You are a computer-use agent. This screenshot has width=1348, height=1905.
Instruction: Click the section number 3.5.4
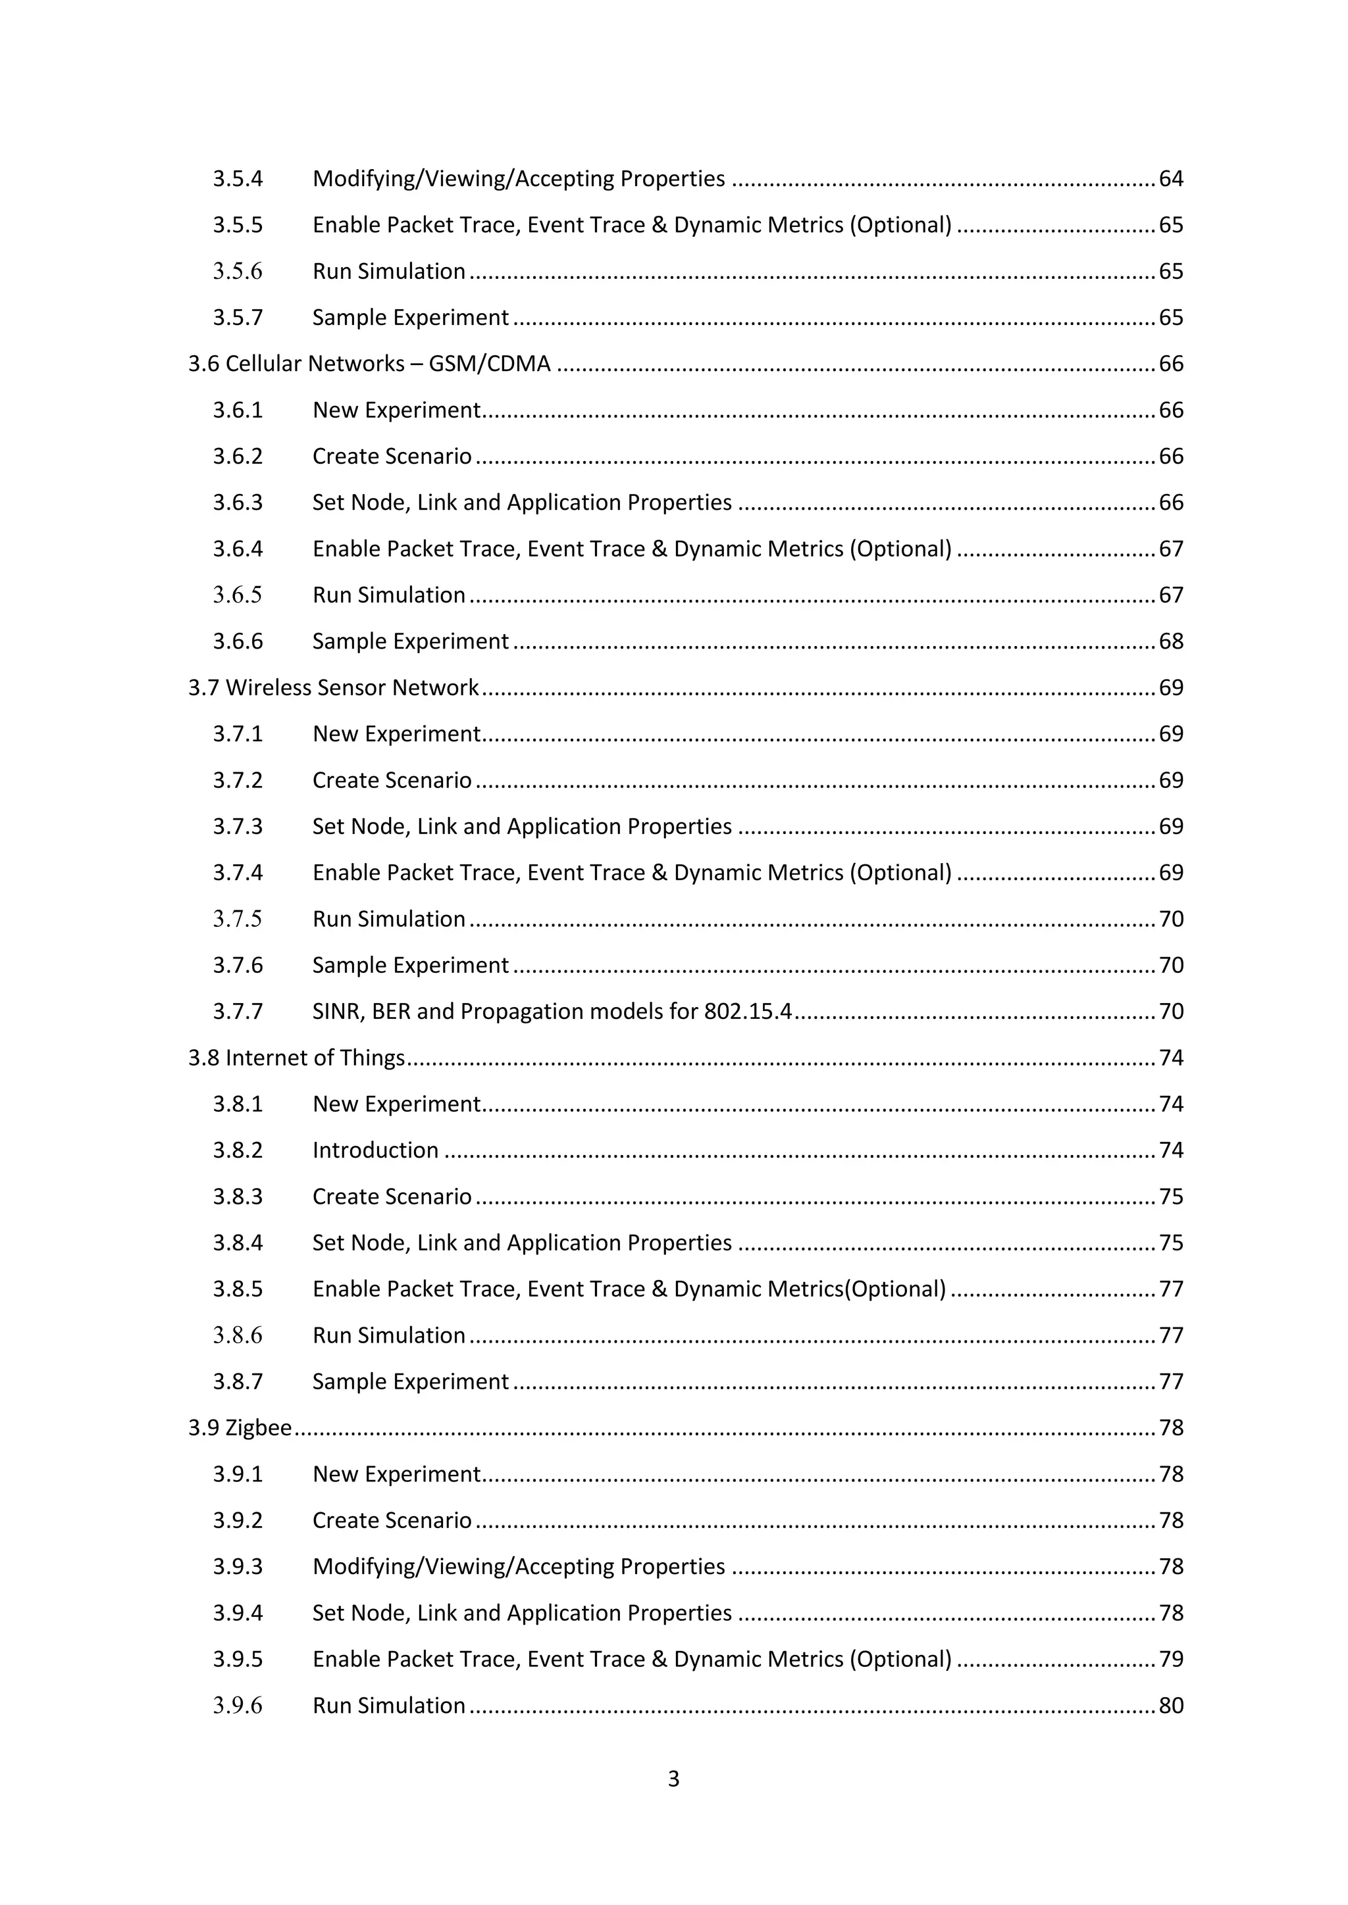(x=238, y=179)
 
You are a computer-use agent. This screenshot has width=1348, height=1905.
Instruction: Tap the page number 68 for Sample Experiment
(x=1170, y=641)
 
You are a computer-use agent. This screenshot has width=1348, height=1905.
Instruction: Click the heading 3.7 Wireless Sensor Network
(x=333, y=688)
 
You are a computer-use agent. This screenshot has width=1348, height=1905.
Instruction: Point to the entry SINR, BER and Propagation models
(x=552, y=1012)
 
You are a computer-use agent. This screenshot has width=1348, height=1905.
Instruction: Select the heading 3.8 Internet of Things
(x=296, y=1058)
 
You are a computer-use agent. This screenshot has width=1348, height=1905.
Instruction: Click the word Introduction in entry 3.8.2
(x=375, y=1150)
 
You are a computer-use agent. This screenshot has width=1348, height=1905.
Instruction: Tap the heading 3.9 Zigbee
(x=240, y=1428)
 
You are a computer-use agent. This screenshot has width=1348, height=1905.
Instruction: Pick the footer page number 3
(x=673, y=1779)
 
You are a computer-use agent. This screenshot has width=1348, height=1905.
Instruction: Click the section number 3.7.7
(x=238, y=1012)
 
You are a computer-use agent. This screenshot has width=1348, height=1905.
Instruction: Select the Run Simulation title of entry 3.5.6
(x=388, y=271)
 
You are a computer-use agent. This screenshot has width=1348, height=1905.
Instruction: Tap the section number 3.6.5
(x=238, y=595)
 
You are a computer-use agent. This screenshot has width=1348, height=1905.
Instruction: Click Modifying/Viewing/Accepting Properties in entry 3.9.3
(x=519, y=1566)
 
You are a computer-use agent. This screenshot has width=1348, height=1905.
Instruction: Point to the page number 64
(x=1170, y=179)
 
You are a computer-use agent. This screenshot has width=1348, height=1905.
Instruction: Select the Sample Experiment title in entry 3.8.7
(x=410, y=1381)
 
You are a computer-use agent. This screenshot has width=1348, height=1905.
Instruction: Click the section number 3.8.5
(x=238, y=1289)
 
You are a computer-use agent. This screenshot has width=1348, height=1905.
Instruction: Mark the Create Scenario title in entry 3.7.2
(x=392, y=781)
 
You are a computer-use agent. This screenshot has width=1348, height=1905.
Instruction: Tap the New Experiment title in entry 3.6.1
(x=396, y=410)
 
